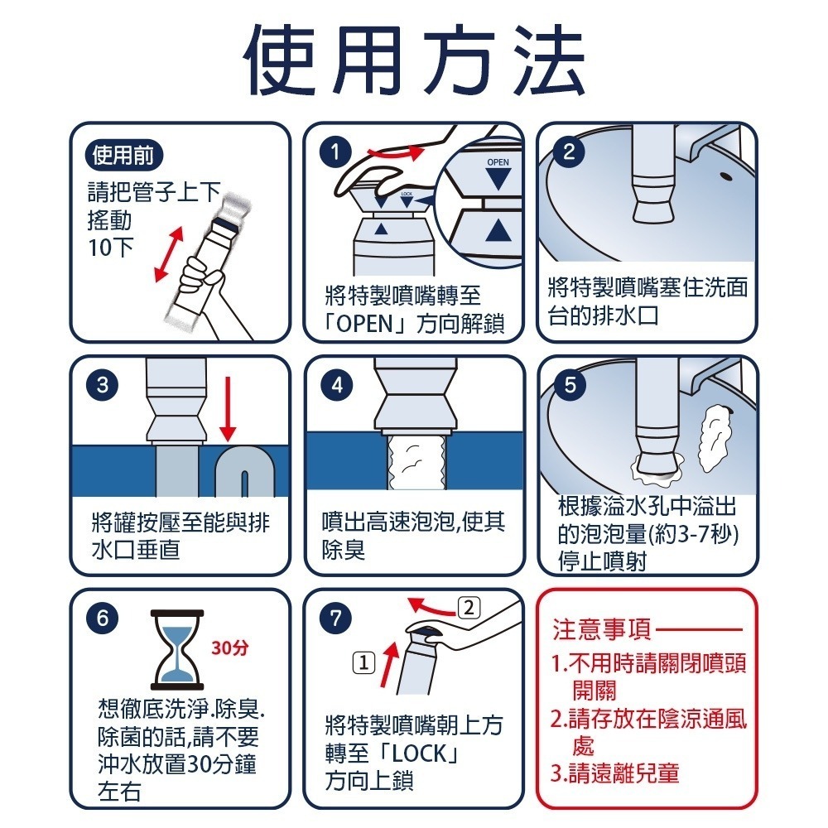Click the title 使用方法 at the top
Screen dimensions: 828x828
click(416, 60)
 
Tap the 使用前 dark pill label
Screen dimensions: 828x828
click(123, 156)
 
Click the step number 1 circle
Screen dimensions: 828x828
click(335, 152)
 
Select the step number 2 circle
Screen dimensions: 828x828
click(569, 152)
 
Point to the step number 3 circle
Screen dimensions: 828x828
click(103, 385)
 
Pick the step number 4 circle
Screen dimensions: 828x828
click(337, 385)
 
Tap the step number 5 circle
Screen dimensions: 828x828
click(570, 385)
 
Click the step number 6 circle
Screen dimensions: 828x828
click(103, 618)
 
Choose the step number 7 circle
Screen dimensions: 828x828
click(336, 618)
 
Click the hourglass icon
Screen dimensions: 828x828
click(177, 649)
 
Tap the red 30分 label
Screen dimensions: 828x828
click(229, 647)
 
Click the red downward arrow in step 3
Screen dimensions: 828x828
click(228, 408)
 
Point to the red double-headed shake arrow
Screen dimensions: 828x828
click(168, 254)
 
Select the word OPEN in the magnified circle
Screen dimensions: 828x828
click(498, 162)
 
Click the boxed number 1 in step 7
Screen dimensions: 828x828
click(363, 662)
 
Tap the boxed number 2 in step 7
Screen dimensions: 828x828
click(469, 608)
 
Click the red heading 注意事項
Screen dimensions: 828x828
click(602, 630)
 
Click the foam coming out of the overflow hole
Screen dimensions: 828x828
click(713, 437)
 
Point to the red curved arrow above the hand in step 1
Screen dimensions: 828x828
click(397, 153)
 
